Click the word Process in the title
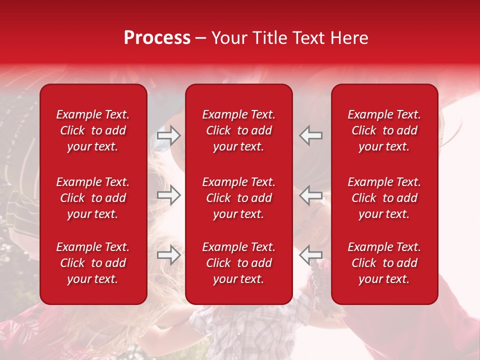(x=157, y=38)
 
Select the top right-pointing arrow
(x=168, y=135)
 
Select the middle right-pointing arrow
(x=168, y=195)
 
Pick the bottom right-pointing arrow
(x=168, y=255)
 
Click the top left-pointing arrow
(x=311, y=135)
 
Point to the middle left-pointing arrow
(x=311, y=195)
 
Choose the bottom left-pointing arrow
(x=311, y=255)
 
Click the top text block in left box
(x=93, y=130)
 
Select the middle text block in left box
(x=93, y=198)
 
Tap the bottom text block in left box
(x=93, y=263)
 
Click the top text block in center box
(x=239, y=130)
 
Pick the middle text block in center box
(x=239, y=198)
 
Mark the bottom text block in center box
(x=239, y=263)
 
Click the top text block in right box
(x=384, y=130)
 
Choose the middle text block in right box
(x=384, y=198)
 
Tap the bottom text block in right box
(x=384, y=263)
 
